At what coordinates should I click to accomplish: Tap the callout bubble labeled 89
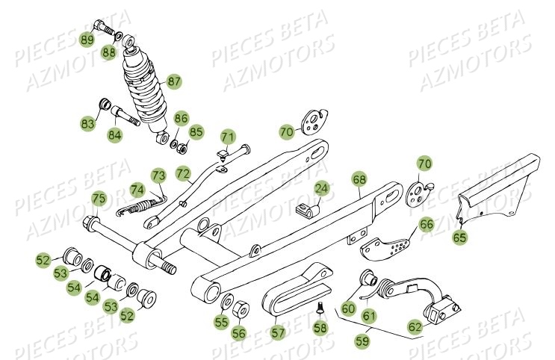point(87,40)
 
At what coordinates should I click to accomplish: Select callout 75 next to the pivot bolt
point(99,198)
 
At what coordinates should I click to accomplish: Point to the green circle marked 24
point(320,188)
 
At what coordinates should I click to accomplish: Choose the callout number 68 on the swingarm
point(359,180)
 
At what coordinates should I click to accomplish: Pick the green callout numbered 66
point(426,223)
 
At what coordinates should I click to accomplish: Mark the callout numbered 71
point(227,137)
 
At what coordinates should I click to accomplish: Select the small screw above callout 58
point(321,305)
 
